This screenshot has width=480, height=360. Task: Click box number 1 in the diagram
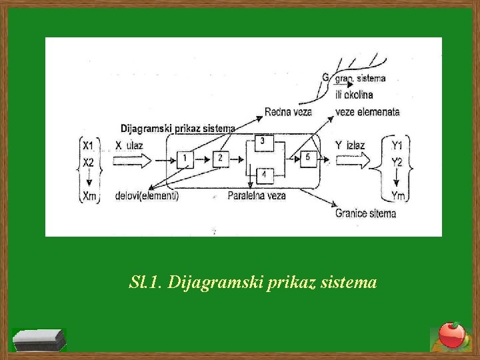[x=186, y=159]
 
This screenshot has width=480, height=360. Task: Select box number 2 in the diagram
[x=221, y=159]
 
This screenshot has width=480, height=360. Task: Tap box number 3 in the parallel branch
[x=263, y=142]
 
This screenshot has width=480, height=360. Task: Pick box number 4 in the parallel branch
[x=264, y=175]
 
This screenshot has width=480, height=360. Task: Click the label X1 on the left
[x=88, y=145]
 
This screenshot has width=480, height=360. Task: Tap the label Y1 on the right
[x=397, y=145]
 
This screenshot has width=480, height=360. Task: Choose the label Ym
[x=398, y=195]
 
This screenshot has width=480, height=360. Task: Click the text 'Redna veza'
[x=288, y=112]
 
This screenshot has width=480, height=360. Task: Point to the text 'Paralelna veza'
[x=257, y=196]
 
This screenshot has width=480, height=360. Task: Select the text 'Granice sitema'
[x=365, y=213]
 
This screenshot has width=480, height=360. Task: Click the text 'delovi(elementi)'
[x=147, y=196]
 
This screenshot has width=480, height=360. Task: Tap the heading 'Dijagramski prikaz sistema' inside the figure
[x=177, y=128]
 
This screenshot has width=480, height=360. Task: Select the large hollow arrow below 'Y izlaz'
[x=352, y=160]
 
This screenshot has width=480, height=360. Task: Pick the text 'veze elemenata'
[x=368, y=112]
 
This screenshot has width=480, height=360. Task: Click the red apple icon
[x=451, y=335]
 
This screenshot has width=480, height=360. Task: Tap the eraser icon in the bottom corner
[x=40, y=340]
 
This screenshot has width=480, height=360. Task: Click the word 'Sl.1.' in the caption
[x=145, y=283]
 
